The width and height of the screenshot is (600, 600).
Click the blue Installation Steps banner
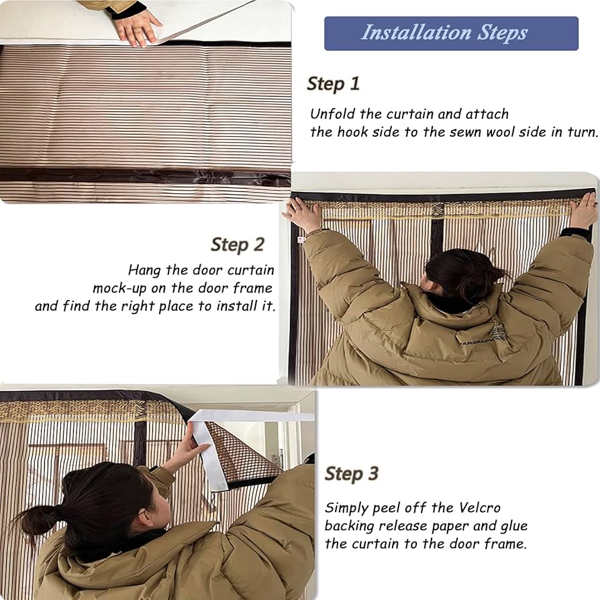coord(451,34)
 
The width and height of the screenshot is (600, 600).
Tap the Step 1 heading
coord(334,84)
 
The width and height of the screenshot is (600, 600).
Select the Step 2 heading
coord(237,244)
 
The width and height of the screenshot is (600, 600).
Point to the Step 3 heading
coord(352,473)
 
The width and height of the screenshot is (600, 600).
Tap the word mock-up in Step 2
coord(119,288)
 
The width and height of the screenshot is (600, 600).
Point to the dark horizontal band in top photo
coord(145,176)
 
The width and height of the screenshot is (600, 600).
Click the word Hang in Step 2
coord(144,270)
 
